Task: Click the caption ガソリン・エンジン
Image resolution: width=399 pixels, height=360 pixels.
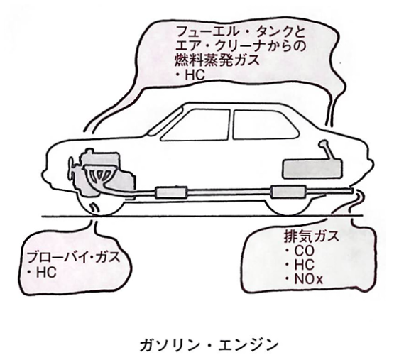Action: [209, 345]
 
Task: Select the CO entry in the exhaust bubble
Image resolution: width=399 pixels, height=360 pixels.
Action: [300, 251]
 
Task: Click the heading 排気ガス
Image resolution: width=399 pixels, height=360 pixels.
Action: [312, 236]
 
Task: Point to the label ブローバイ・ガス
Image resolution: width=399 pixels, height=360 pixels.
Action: [73, 257]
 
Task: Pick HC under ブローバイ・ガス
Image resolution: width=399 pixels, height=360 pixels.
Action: [42, 273]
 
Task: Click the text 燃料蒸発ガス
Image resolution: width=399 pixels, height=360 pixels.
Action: [217, 60]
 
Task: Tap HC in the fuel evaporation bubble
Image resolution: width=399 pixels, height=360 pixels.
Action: [191, 75]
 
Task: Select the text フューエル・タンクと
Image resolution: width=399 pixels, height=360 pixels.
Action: [241, 32]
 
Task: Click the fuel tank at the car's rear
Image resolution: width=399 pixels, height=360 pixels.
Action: [312, 169]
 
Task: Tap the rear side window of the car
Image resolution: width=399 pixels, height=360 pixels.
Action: [266, 125]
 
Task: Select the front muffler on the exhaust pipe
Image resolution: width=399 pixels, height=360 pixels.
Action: [170, 192]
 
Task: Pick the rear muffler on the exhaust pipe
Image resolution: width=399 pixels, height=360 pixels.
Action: [288, 192]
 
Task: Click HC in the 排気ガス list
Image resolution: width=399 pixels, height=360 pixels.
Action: [300, 265]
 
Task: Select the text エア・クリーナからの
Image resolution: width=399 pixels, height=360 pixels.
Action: [240, 46]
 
